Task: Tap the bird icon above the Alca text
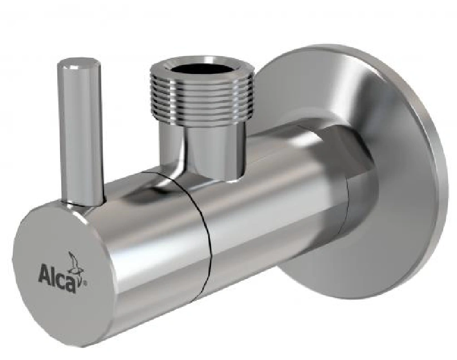point(74,260)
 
